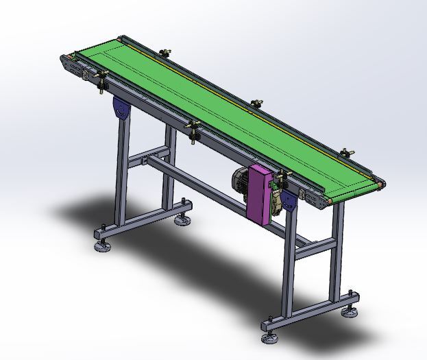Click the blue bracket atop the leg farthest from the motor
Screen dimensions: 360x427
[x=121, y=109]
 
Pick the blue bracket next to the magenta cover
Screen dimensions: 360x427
[x=289, y=202]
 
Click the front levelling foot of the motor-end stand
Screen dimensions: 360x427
[x=269, y=337]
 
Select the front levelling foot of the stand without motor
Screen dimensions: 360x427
[x=102, y=246]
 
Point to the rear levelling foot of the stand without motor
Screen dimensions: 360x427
[x=182, y=219]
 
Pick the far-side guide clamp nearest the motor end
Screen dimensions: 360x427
[x=346, y=152]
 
